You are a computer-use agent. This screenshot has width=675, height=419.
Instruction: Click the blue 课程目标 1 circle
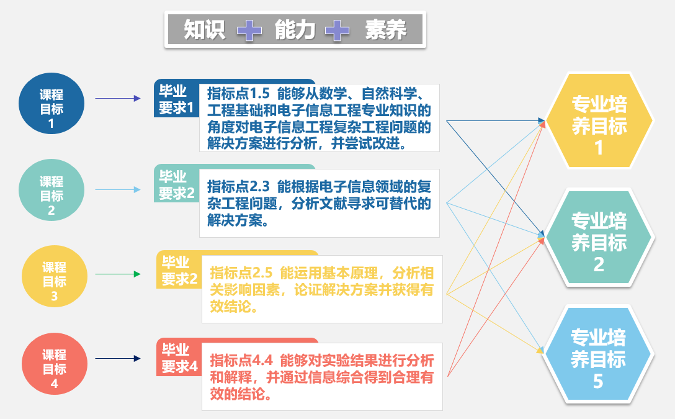51,103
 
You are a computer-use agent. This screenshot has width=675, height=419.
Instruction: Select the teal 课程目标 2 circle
51,190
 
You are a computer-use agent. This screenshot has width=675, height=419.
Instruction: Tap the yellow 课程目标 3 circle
54,276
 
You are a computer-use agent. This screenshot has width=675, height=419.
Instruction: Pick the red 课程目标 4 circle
54,364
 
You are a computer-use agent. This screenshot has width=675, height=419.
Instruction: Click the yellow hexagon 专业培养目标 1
599,120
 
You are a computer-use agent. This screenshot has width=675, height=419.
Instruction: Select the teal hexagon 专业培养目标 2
599,237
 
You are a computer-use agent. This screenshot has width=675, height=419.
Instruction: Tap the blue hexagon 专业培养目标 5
598,354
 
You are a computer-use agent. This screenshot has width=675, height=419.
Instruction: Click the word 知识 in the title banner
205,30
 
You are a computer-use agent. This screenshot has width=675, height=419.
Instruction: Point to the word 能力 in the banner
295,30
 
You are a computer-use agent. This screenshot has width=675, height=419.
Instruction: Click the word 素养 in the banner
386,30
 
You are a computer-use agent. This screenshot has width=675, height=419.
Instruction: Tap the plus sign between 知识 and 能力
249,30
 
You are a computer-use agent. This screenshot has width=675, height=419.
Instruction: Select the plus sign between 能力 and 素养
337,30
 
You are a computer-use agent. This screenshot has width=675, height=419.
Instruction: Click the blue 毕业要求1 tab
176,99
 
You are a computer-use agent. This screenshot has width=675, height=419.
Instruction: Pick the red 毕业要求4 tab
179,357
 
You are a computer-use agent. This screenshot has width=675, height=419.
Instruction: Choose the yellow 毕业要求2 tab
179,269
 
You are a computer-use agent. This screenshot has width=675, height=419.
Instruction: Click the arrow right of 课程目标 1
118,99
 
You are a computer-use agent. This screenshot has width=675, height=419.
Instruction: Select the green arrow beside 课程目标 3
118,274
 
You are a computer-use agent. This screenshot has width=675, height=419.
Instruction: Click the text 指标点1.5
238,93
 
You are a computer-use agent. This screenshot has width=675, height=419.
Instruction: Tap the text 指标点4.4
241,360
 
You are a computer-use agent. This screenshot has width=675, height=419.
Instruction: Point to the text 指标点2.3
238,186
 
